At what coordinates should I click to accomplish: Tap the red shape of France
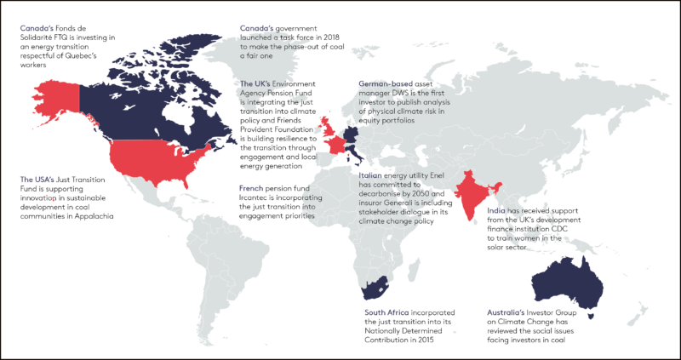(x=337, y=146)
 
